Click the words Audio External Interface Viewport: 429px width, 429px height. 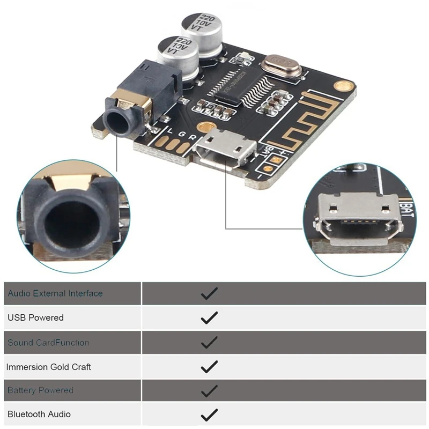tap(55, 293)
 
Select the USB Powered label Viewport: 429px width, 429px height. tap(35, 317)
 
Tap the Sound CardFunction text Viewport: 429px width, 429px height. tap(48, 342)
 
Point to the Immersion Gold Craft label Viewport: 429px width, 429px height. tap(49, 367)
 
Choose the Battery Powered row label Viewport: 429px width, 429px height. tap(40, 390)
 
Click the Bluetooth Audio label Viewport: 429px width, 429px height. tap(39, 414)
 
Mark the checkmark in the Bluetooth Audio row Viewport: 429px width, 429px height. tap(209, 415)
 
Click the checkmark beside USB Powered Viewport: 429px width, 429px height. tap(209, 317)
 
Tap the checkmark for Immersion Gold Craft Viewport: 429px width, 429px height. tap(209, 367)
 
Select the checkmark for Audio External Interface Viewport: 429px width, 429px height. tap(209, 293)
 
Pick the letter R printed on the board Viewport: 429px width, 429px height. tap(191, 136)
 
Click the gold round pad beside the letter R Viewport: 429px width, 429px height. tap(203, 127)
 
